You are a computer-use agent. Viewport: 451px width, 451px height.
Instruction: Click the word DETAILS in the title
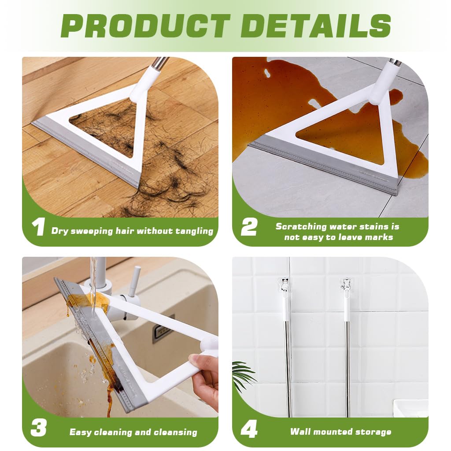[x=316, y=26]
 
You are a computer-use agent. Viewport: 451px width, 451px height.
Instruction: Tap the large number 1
[x=38, y=227]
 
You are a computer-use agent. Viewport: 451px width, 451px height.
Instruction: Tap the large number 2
[x=249, y=227]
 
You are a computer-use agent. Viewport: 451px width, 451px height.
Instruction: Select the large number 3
[x=38, y=428]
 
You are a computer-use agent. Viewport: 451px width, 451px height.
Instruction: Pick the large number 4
[x=249, y=428]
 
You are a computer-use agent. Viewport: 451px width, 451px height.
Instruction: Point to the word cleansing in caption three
[x=175, y=432]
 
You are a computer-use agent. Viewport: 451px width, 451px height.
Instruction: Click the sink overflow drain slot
[x=163, y=329]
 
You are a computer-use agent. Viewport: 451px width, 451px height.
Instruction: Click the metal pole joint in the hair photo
[x=160, y=63]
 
